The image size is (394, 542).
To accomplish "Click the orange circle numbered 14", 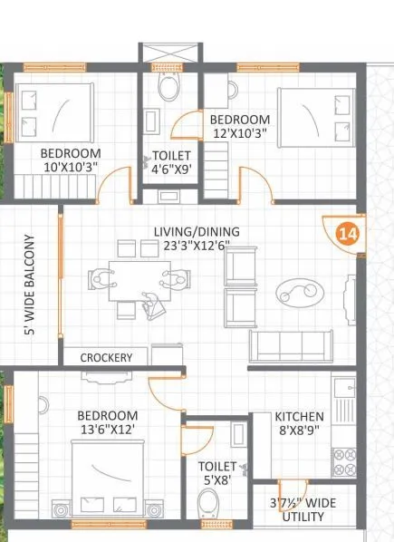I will click(x=347, y=233).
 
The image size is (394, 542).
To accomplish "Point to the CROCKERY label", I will click(x=106, y=357).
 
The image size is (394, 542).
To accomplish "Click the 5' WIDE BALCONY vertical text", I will click(x=29, y=286).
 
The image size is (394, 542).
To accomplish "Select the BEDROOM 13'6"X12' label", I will click(x=107, y=422).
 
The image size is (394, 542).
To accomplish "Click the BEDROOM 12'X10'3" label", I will click(x=239, y=127).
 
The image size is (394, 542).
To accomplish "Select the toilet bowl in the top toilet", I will click(x=168, y=88).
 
